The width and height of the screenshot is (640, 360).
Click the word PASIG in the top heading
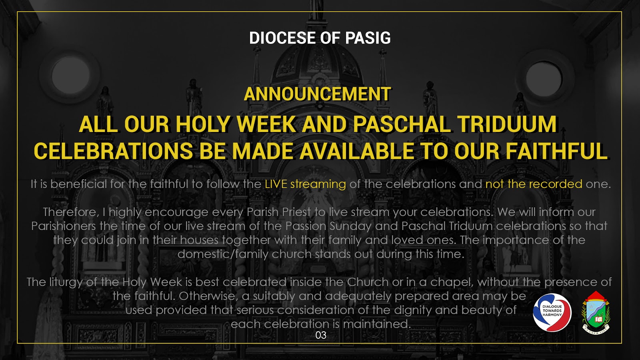tap(368, 38)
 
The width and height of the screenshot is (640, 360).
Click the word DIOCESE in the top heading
tap(282, 38)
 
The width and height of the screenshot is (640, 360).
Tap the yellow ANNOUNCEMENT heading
tap(317, 94)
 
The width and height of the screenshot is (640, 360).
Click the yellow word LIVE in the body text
tap(276, 184)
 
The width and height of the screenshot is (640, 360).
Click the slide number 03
tap(321, 335)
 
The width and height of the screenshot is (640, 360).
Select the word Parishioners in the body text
tap(64, 226)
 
